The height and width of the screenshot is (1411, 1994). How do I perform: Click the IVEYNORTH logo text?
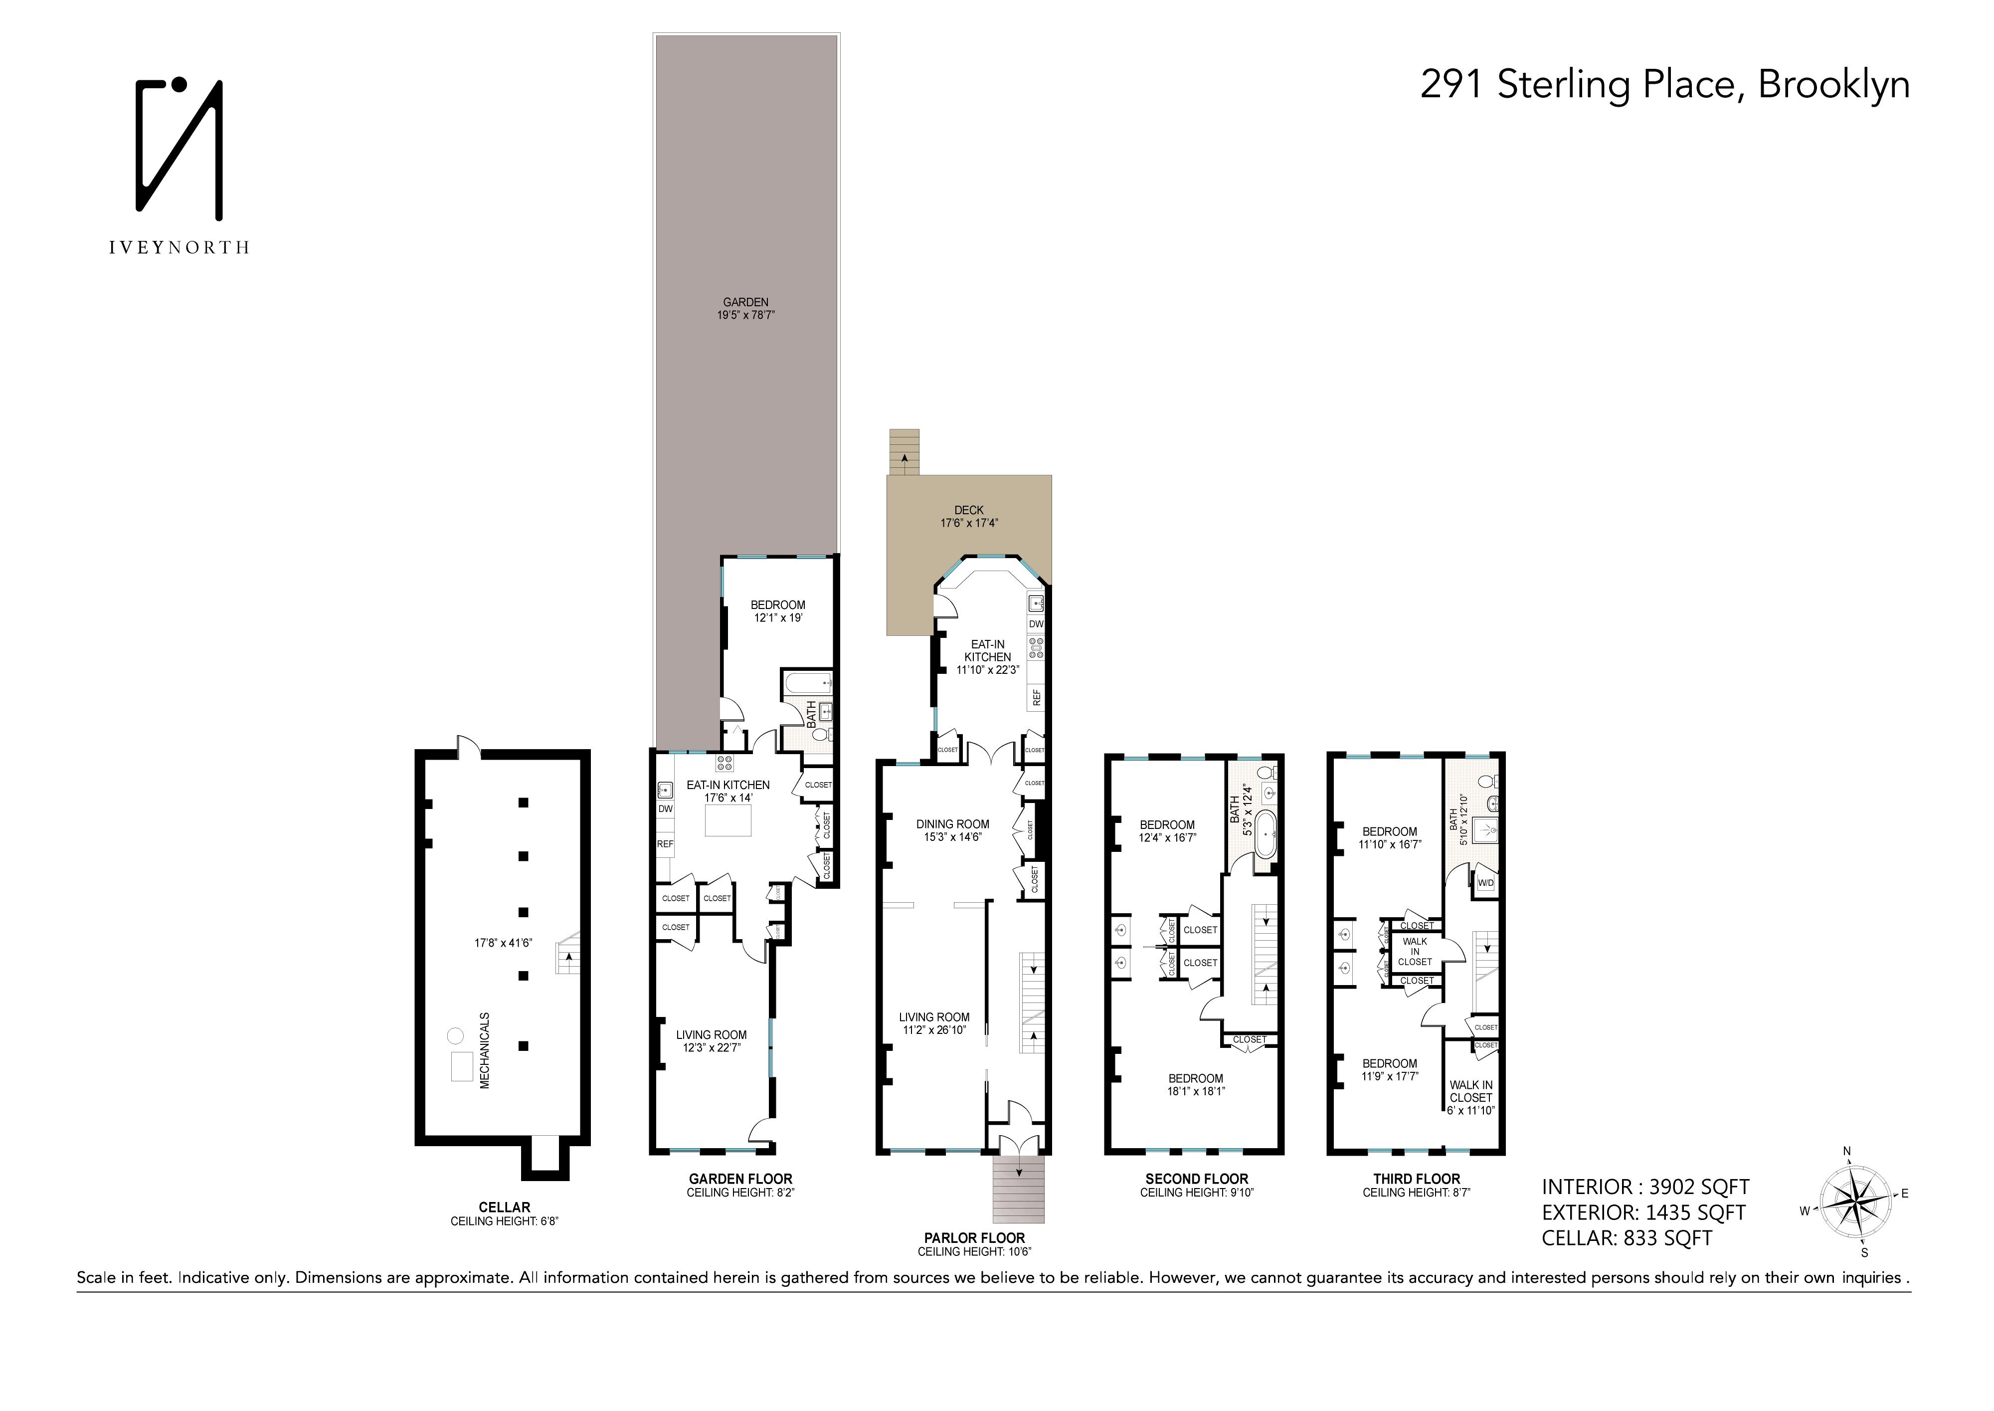(179, 247)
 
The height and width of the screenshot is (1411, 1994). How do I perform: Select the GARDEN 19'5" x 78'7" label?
(745, 308)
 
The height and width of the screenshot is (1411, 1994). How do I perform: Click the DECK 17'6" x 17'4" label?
(968, 517)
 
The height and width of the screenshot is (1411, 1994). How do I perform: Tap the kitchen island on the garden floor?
(728, 820)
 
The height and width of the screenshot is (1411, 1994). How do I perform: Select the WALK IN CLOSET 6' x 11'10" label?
(1470, 1097)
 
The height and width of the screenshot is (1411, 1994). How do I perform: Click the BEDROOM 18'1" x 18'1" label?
(1195, 1084)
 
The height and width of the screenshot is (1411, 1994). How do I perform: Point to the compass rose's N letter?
(1846, 1152)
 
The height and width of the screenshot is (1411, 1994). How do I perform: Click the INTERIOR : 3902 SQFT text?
(1645, 1187)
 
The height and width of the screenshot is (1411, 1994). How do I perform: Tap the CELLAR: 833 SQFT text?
(1627, 1238)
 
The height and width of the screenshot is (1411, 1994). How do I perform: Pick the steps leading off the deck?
(904, 452)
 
